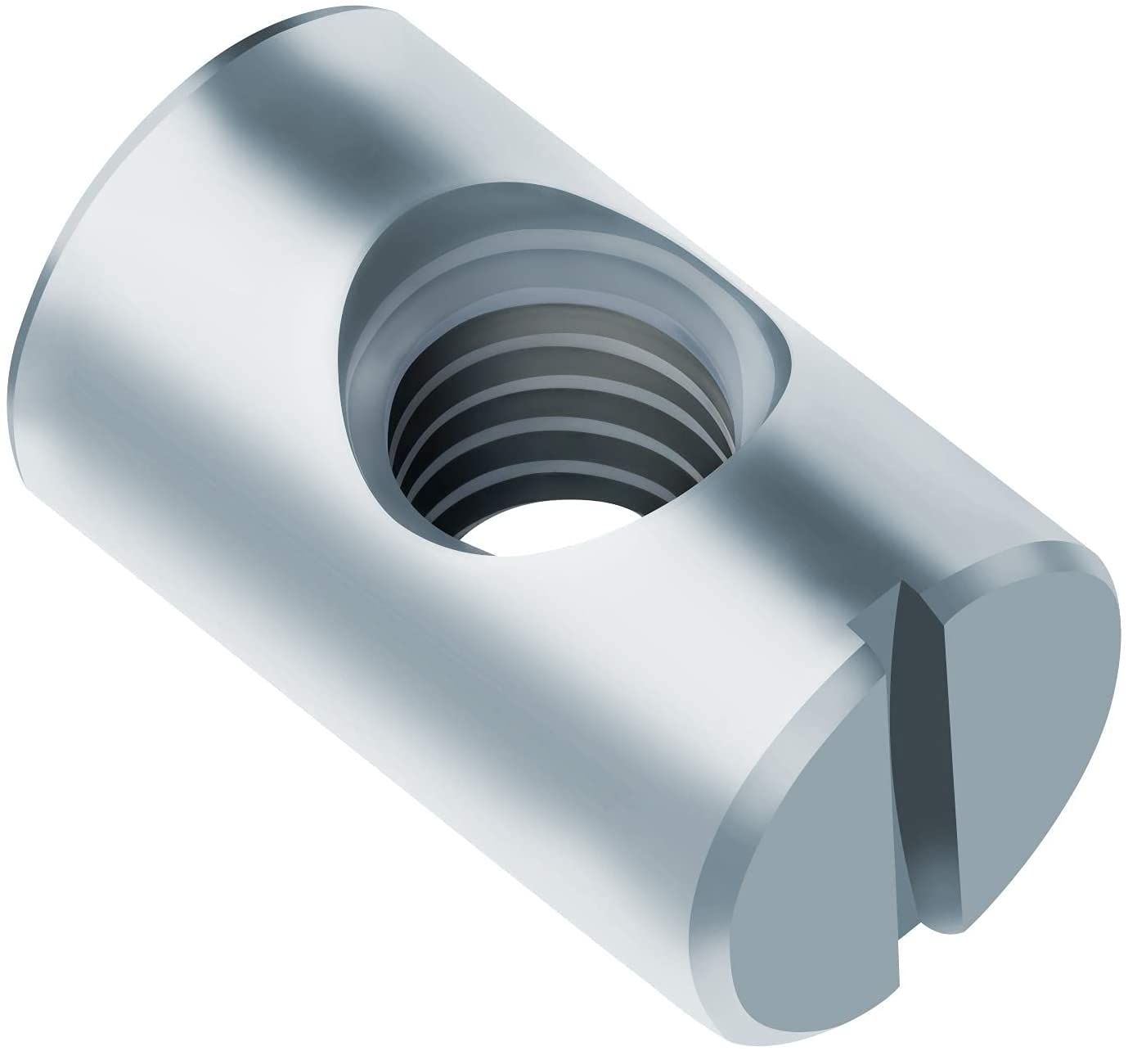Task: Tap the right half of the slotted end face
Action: pyautogui.click(x=1031, y=720)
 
